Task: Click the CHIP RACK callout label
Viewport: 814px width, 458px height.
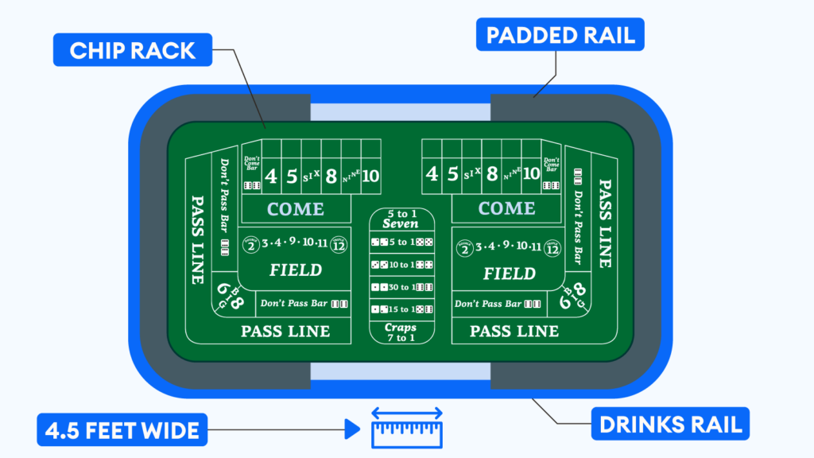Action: click(x=132, y=50)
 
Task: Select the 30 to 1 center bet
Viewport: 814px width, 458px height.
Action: click(x=400, y=287)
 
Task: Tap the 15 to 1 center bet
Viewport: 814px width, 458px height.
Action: click(x=400, y=309)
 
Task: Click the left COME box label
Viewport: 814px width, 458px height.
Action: click(x=295, y=209)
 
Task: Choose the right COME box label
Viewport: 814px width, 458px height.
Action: click(x=506, y=208)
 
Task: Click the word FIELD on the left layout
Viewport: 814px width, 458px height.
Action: click(x=295, y=270)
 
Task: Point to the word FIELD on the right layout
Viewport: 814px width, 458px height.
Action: click(x=509, y=274)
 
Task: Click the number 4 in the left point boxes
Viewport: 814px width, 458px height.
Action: click(x=271, y=175)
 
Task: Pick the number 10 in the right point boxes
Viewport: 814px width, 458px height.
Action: click(x=531, y=174)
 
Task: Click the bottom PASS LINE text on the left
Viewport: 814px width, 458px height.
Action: click(x=285, y=331)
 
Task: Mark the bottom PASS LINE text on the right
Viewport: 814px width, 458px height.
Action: click(x=514, y=331)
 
